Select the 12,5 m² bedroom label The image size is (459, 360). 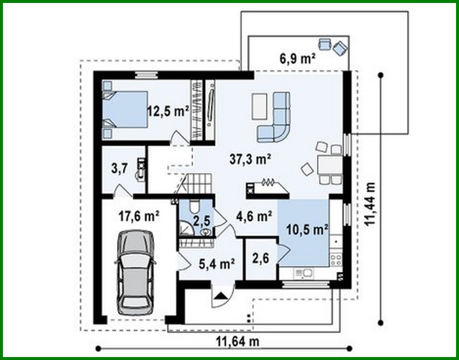click(x=168, y=111)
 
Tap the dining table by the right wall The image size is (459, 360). click(x=329, y=165)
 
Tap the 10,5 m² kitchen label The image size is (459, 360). click(x=307, y=230)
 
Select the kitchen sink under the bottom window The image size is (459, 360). click(x=303, y=272)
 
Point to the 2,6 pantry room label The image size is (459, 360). click(x=261, y=258)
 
